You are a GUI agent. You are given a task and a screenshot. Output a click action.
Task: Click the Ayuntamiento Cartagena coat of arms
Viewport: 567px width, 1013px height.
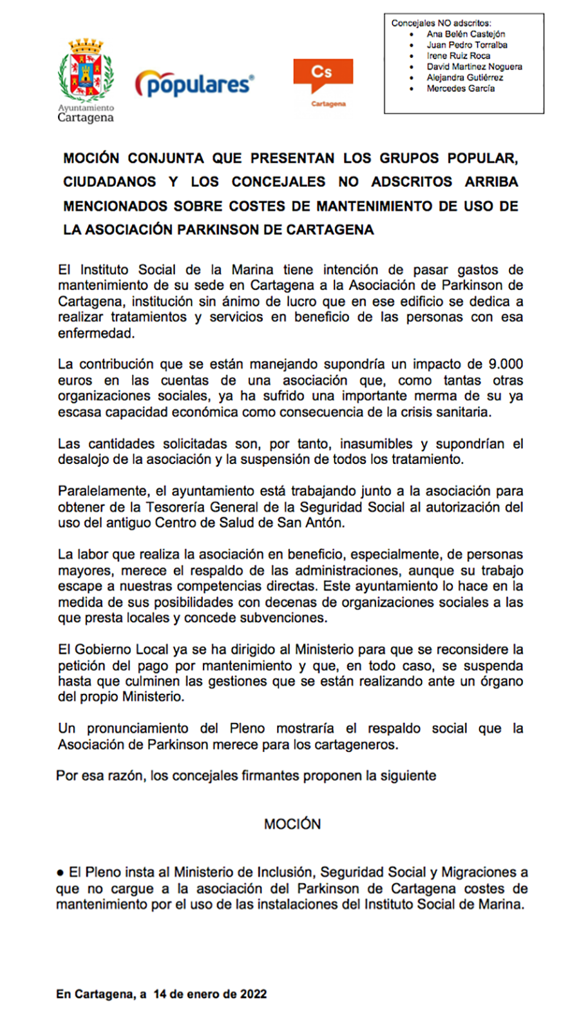86,71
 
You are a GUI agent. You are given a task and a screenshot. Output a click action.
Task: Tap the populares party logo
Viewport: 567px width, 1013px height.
195,84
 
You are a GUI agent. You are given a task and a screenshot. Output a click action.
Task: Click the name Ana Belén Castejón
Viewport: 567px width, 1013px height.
466,34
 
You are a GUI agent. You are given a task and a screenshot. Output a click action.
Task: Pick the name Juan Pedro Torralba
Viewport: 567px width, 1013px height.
467,45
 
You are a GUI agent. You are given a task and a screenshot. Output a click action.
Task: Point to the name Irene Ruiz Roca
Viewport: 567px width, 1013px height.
458,55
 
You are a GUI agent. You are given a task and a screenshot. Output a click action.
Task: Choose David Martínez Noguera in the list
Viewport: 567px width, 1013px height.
474,66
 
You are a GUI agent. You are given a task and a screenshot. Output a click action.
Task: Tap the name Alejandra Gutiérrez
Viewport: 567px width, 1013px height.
465,78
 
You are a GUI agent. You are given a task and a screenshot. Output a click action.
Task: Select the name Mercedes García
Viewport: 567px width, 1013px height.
461,88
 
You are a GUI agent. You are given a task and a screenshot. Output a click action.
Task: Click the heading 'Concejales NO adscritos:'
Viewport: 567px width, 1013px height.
441,23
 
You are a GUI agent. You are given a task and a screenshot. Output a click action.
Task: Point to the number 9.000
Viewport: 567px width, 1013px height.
505,364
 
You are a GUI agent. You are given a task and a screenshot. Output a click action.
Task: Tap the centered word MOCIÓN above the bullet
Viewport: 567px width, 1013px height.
292,825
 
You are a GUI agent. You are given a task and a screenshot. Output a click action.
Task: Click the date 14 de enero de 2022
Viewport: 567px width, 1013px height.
210,994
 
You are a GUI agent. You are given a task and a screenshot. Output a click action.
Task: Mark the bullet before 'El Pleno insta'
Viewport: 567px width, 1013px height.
60,873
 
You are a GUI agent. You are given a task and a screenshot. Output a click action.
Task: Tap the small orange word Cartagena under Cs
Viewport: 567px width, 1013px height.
328,104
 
